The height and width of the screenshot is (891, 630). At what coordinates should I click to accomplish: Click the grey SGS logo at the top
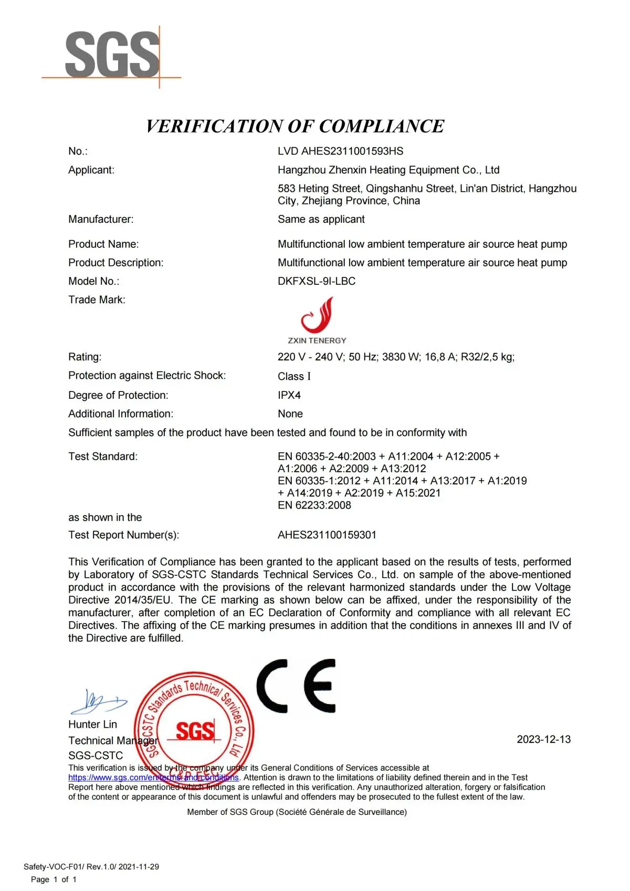(x=112, y=54)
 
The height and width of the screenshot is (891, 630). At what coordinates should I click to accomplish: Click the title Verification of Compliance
(x=295, y=126)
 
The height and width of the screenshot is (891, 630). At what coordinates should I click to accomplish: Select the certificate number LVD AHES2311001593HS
(x=340, y=151)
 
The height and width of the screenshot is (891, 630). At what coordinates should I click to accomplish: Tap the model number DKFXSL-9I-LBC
(x=317, y=281)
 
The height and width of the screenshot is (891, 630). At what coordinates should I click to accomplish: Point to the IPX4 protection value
(x=289, y=395)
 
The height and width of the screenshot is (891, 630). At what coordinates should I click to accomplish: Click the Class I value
(x=294, y=376)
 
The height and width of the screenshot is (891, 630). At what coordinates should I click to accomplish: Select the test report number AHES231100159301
(x=327, y=535)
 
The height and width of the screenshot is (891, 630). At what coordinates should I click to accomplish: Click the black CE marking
(x=296, y=686)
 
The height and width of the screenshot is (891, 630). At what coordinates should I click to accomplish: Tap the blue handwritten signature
(x=99, y=702)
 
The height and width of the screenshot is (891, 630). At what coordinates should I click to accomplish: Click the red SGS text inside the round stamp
(x=195, y=731)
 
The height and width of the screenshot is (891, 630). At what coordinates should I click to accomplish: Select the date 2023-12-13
(x=543, y=739)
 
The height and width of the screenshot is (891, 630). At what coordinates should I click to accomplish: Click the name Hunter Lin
(x=92, y=724)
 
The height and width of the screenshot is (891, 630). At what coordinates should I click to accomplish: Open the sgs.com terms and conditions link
(x=153, y=778)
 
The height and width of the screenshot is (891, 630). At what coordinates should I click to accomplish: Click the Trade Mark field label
(x=97, y=299)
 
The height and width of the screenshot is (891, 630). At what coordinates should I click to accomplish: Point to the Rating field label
(x=85, y=357)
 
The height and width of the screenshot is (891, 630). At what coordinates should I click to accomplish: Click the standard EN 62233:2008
(x=314, y=505)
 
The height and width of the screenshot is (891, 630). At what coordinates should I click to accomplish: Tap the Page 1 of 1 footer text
(x=54, y=879)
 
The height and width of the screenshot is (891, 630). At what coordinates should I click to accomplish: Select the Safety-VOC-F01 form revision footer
(x=91, y=867)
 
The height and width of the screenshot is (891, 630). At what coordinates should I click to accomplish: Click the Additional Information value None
(x=290, y=414)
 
